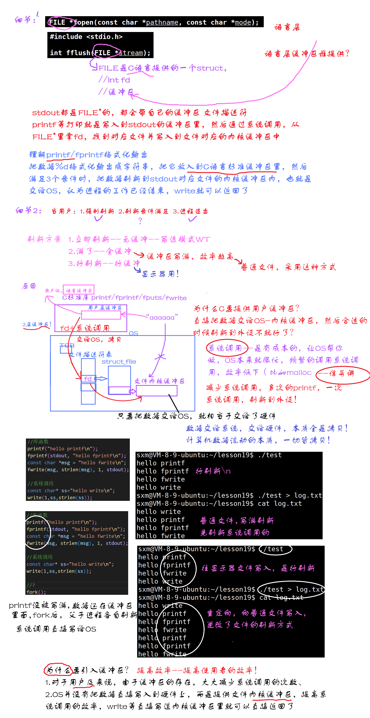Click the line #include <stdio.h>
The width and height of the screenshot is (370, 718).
(x=86, y=37)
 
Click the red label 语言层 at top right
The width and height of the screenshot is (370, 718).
(x=287, y=27)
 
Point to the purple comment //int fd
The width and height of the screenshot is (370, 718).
(x=114, y=80)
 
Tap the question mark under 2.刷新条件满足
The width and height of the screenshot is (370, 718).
(x=140, y=221)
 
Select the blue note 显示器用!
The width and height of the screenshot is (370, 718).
(x=160, y=274)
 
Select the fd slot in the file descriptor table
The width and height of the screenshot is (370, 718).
(x=88, y=379)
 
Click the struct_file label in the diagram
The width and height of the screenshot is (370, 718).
(x=119, y=361)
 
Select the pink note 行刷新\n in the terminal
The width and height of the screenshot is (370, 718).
(x=213, y=471)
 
